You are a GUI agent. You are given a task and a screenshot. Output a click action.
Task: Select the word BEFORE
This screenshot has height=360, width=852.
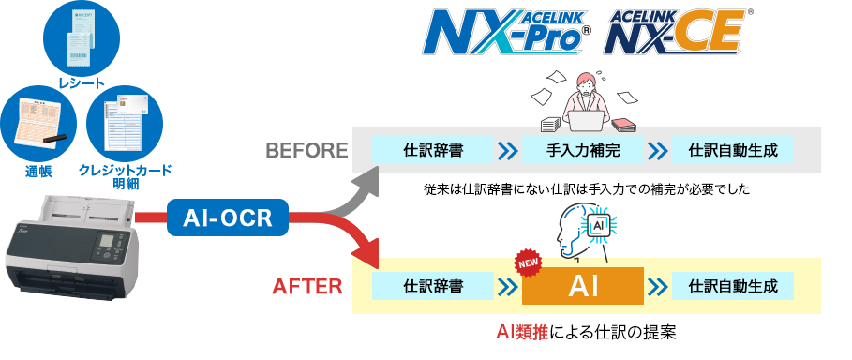[306, 150]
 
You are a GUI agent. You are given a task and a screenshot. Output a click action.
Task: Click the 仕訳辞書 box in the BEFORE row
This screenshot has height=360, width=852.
[432, 150]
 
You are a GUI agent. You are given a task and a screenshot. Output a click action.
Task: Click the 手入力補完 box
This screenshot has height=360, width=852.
[582, 150]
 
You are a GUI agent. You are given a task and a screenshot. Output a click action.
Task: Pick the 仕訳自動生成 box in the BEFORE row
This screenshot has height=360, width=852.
[733, 150]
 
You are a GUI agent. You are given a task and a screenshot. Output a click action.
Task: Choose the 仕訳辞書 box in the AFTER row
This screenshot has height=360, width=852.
[432, 285]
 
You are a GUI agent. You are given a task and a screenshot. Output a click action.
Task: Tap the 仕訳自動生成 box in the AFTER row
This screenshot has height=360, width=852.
[733, 285]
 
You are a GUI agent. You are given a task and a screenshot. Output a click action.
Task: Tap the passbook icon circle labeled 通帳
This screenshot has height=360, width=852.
[38, 127]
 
